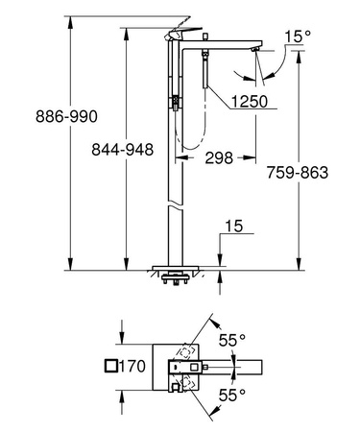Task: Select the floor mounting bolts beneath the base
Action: tap(175, 281)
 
